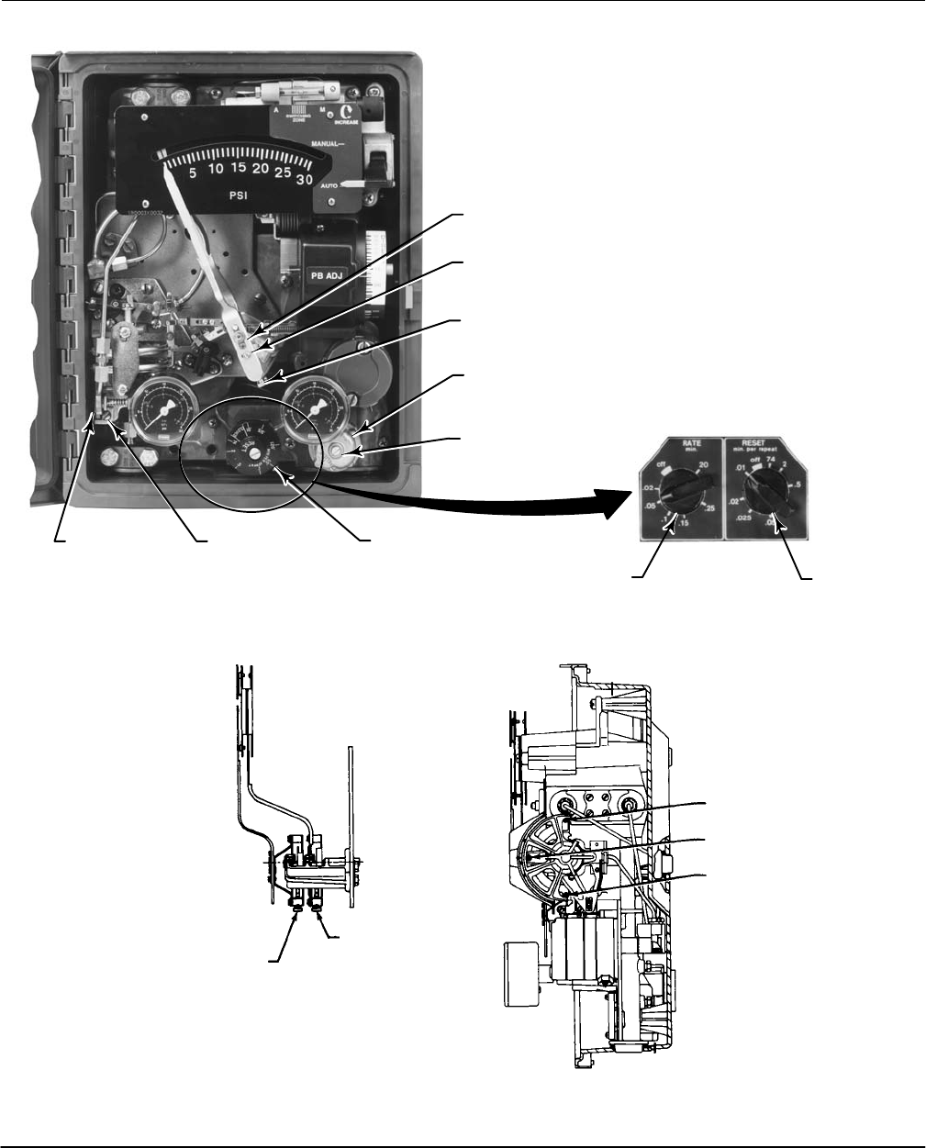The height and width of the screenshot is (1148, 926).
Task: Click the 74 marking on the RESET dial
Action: [x=771, y=465]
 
